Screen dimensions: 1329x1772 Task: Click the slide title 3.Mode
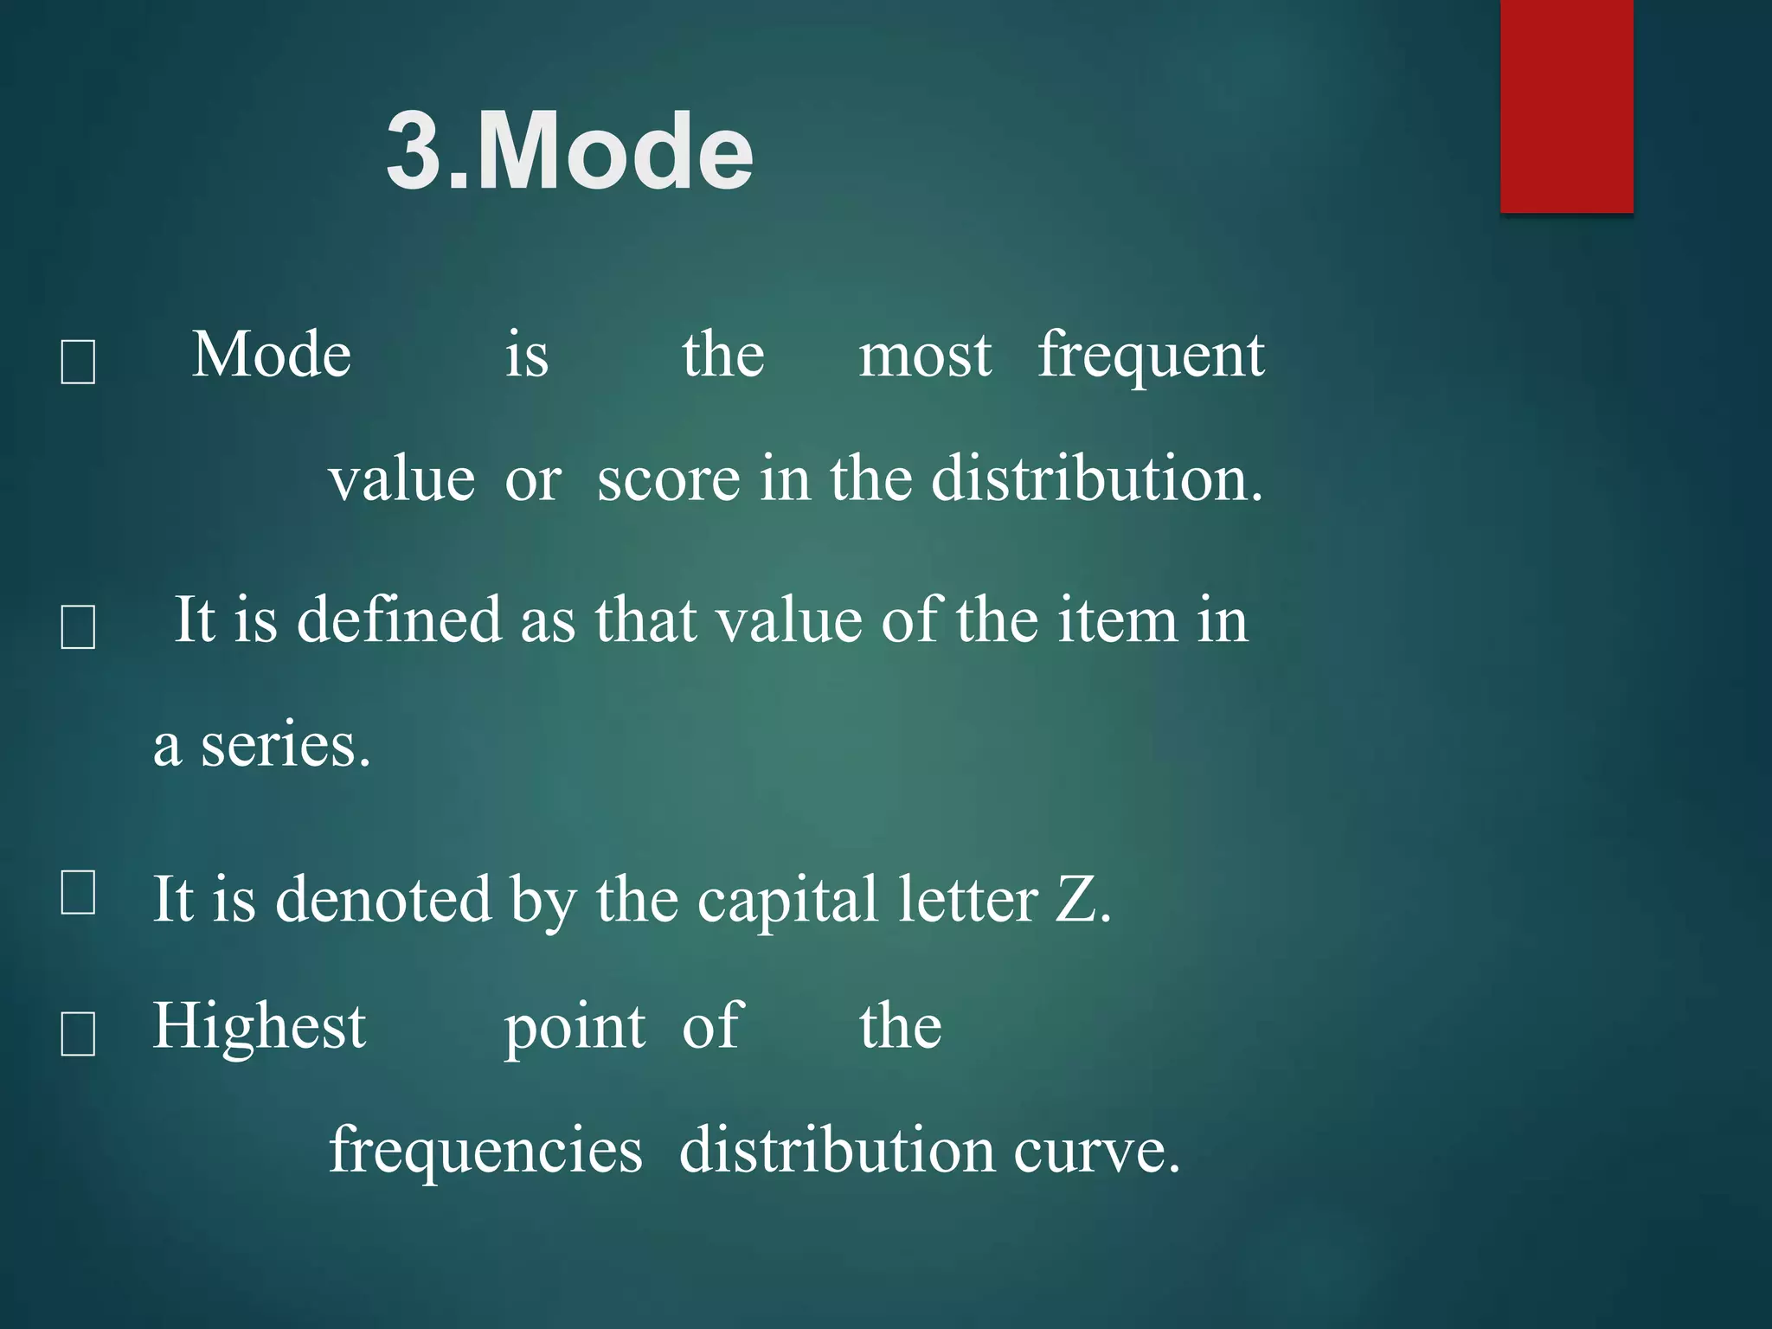(x=569, y=152)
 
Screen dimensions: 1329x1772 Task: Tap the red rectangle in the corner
(x=1566, y=106)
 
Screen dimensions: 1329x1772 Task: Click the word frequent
(x=1151, y=356)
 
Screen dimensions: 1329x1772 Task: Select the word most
(x=924, y=356)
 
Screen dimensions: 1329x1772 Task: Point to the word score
(x=668, y=479)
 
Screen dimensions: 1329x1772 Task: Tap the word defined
(x=399, y=620)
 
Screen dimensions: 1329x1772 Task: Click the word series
(x=285, y=746)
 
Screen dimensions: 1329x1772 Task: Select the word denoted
(x=382, y=900)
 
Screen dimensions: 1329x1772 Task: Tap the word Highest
(x=260, y=1028)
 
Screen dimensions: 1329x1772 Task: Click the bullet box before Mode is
(x=78, y=362)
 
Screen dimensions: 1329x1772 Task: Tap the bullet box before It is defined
(x=78, y=626)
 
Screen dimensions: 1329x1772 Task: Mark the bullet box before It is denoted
(x=78, y=892)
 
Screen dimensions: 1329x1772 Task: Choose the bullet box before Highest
(x=78, y=1034)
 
